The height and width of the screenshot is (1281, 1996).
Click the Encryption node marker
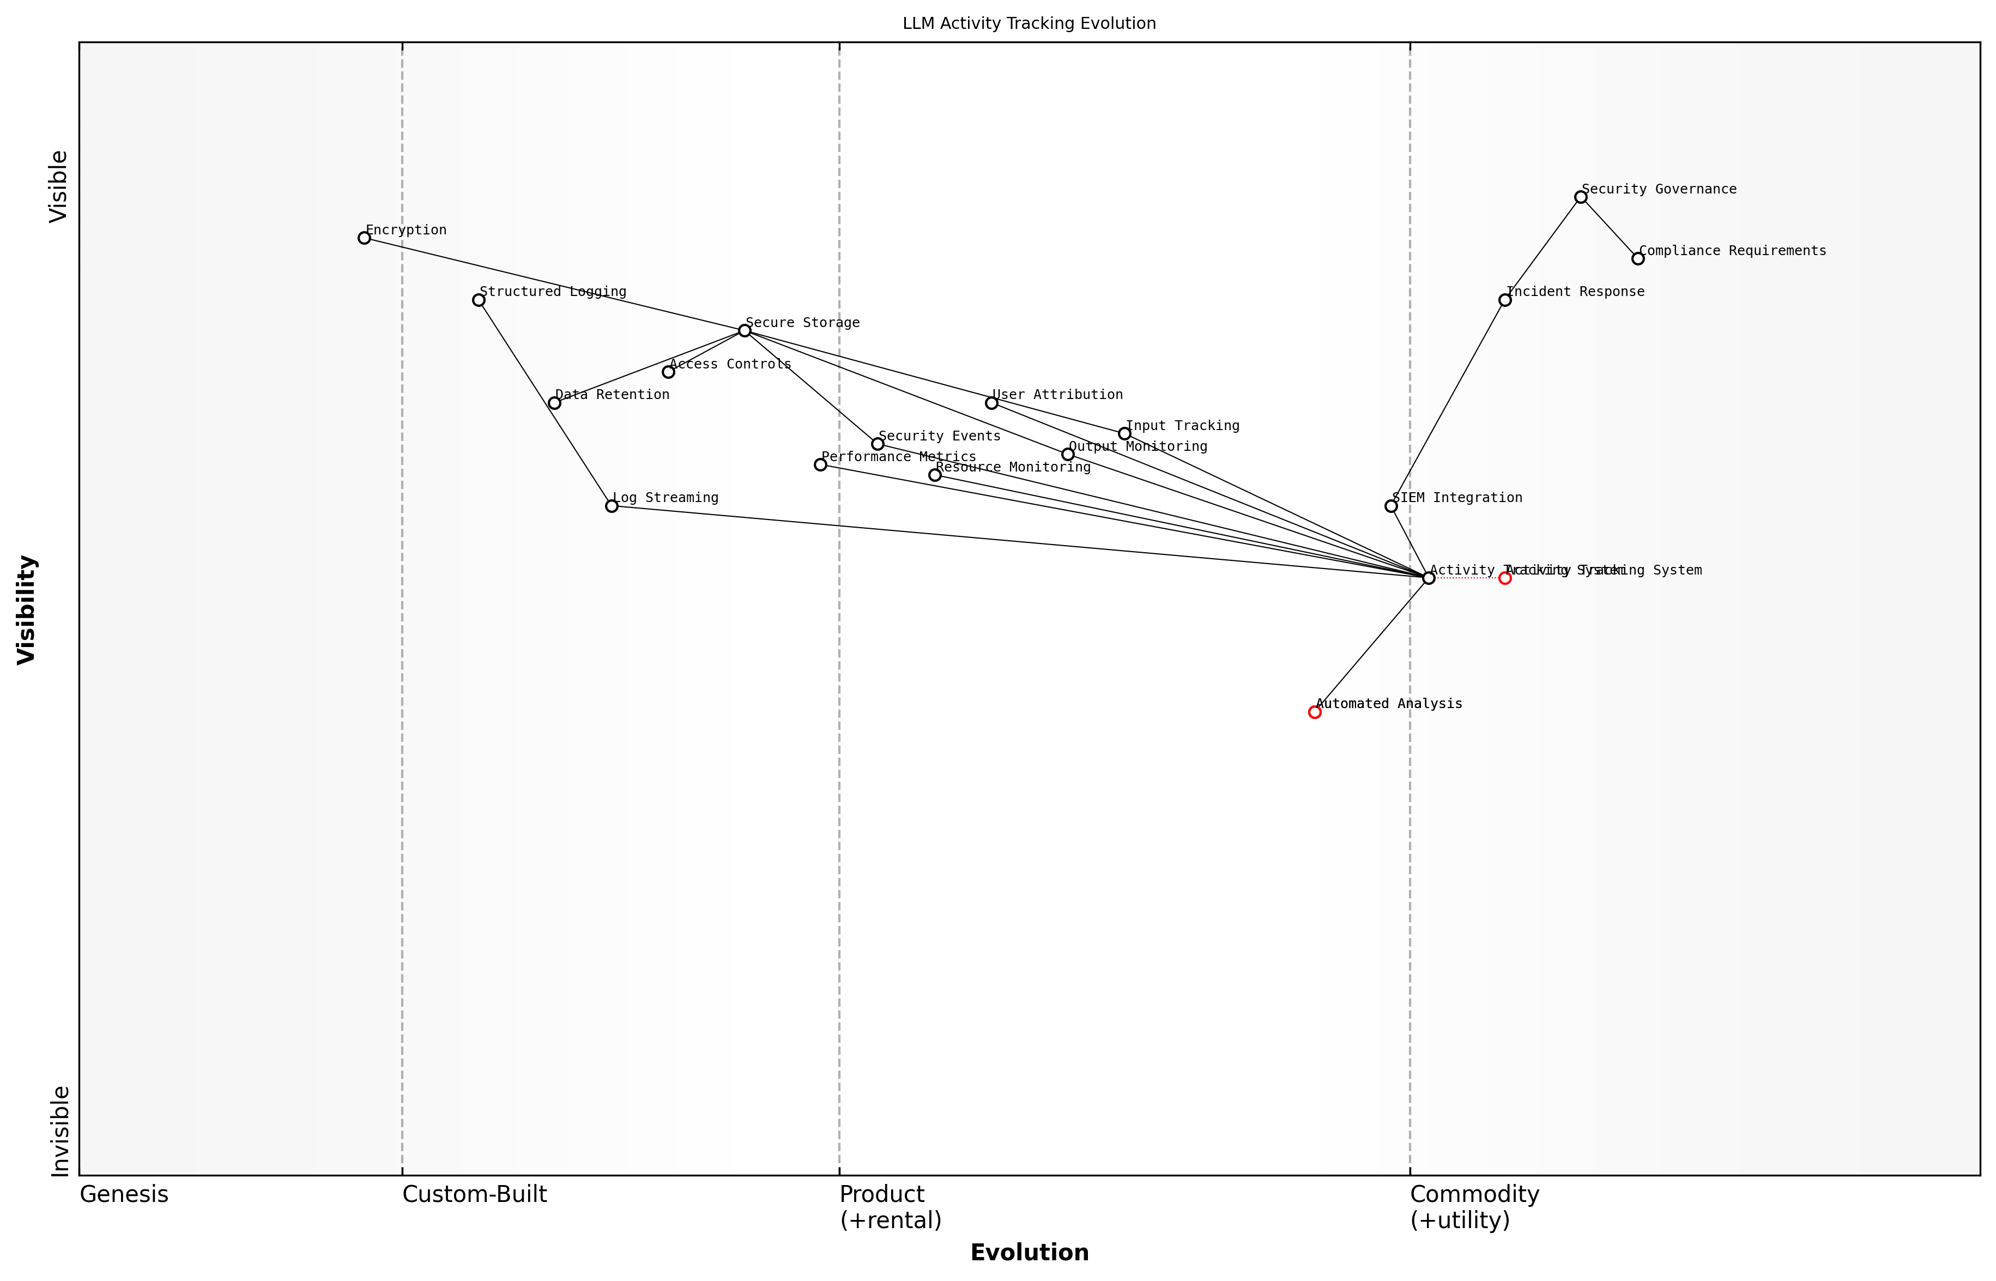(x=364, y=238)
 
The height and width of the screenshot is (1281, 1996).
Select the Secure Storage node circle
(x=745, y=331)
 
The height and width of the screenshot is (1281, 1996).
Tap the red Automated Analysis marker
(x=1315, y=712)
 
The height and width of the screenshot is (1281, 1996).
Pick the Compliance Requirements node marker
(x=1638, y=259)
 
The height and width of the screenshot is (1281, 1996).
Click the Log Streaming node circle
(x=612, y=506)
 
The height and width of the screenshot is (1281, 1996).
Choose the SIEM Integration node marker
(x=1392, y=506)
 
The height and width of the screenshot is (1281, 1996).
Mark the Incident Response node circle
(x=1505, y=300)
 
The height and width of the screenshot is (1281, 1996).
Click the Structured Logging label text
(x=553, y=292)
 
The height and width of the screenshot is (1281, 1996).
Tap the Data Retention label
(x=612, y=395)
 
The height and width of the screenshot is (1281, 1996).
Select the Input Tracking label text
(x=1183, y=426)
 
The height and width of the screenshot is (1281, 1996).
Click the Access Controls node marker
(x=669, y=372)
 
